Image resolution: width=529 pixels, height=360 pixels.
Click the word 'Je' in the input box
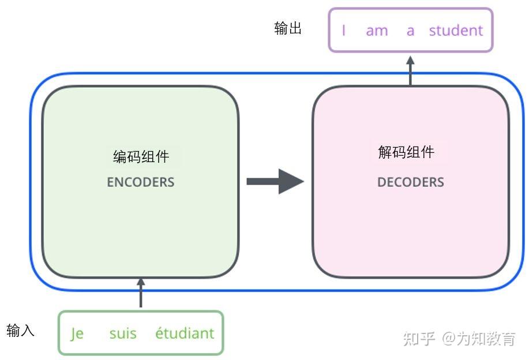tap(77, 333)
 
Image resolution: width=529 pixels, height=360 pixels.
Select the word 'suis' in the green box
tap(123, 333)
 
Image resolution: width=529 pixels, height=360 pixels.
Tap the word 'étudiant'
tap(185, 333)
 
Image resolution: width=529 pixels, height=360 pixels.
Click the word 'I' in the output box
tap(344, 30)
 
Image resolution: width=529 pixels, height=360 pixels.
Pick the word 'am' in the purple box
tap(377, 31)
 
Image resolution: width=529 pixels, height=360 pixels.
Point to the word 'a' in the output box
tap(410, 31)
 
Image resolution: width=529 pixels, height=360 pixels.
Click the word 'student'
tap(456, 30)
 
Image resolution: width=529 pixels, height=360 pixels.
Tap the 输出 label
tap(288, 29)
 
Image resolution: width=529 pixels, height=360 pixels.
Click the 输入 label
tap(21, 331)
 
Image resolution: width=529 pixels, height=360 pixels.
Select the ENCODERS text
tap(141, 182)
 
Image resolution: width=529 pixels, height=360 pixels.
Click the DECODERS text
tap(411, 182)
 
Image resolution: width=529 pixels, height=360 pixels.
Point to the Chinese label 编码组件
tap(141, 156)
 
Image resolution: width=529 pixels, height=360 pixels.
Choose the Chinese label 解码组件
tap(406, 152)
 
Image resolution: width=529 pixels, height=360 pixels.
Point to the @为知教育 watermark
tap(478, 339)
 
